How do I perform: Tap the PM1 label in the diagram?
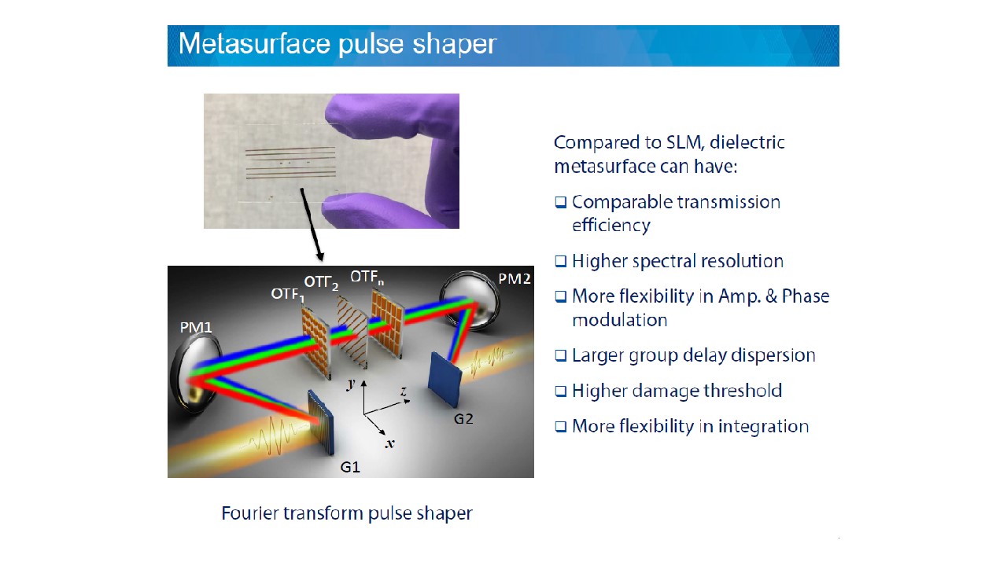tap(196, 326)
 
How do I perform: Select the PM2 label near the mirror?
tap(513, 279)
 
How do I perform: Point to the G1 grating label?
tap(350, 467)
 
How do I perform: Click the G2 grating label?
tap(463, 418)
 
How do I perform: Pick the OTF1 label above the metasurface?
tap(287, 294)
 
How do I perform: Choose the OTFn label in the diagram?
tap(367, 277)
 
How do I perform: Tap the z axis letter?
tap(403, 391)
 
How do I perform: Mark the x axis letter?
tap(389, 443)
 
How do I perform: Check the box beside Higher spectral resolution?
tap(560, 261)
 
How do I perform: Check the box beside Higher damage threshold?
tap(560, 391)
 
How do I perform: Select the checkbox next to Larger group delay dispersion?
tap(560, 355)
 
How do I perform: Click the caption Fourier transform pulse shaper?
tap(347, 513)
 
